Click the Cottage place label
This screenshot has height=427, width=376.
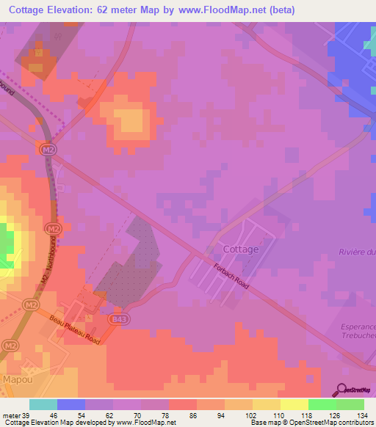240,249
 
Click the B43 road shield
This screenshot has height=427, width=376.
119,319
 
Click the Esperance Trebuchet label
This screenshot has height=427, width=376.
358,332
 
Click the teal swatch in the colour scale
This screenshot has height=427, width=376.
43,404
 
